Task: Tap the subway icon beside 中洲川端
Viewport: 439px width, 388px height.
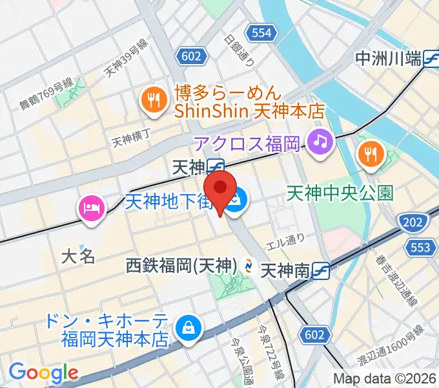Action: tap(431, 59)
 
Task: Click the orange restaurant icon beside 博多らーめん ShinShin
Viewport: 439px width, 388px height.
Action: tap(153, 100)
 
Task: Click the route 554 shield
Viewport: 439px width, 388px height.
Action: tap(261, 32)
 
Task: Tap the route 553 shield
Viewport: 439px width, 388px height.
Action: tap(420, 246)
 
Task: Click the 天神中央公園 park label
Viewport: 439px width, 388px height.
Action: tap(340, 193)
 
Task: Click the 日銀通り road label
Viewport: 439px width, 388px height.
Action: tap(240, 49)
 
